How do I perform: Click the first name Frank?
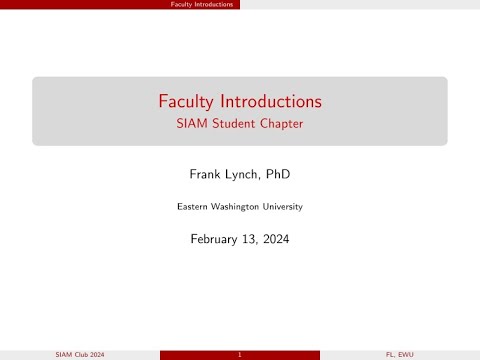coord(207,174)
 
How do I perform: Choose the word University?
coord(283,207)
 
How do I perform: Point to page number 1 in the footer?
coord(240,355)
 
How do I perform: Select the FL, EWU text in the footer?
coord(400,355)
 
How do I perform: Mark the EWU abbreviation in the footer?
coord(405,355)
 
